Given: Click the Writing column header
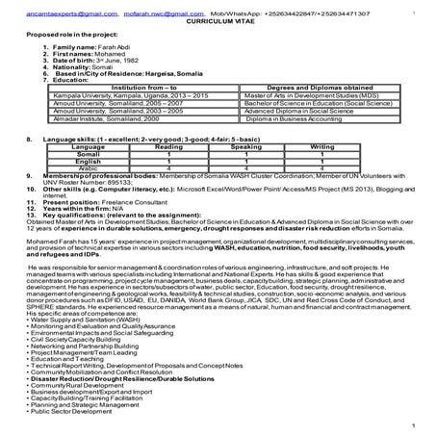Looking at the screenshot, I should (x=322, y=146).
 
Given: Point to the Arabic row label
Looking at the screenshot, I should (x=88, y=167).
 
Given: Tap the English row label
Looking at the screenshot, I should (x=88, y=161).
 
